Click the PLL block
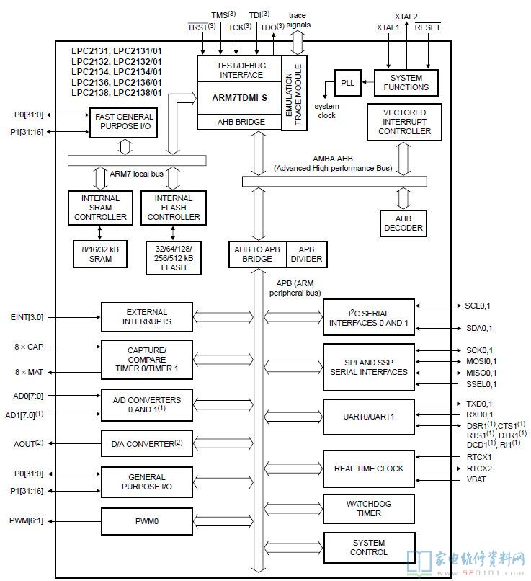click(347, 83)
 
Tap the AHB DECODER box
click(403, 223)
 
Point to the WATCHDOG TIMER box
click(368, 508)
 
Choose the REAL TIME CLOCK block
click(368, 469)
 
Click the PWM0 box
click(146, 521)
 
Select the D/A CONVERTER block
click(146, 443)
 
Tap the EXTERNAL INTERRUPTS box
click(146, 317)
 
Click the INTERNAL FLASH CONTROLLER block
click(173, 207)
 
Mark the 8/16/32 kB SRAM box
click(101, 253)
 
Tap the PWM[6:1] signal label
click(26, 520)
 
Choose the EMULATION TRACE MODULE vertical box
click(293, 93)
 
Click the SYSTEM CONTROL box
click(368, 548)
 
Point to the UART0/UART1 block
click(368, 417)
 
